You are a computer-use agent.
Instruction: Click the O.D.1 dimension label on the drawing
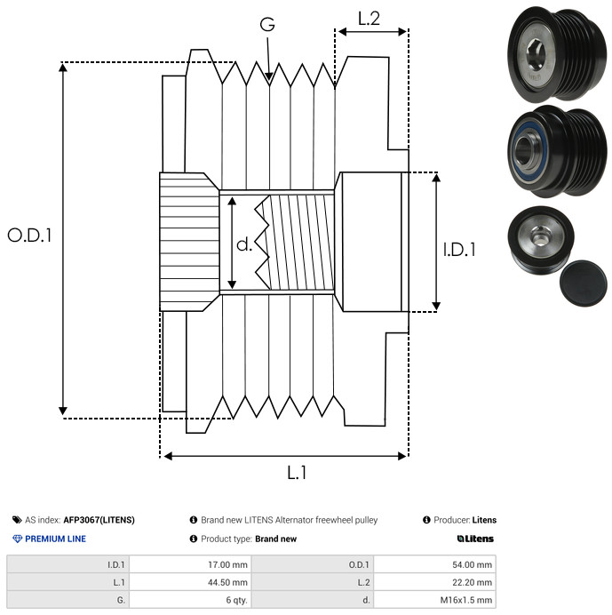coord(30,236)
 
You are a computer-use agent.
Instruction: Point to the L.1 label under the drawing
coord(297,473)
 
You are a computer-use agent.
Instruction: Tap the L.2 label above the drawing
coord(370,18)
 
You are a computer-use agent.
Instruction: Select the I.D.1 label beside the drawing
coord(459,250)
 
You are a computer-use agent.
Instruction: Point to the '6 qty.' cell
coord(234,600)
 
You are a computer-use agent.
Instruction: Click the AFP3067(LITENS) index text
coord(99,520)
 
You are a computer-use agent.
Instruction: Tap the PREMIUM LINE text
coord(55,539)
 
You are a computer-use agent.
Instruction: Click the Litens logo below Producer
coord(475,539)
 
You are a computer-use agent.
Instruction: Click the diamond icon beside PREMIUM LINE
coord(17,539)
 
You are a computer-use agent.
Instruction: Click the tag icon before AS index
coord(17,520)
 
